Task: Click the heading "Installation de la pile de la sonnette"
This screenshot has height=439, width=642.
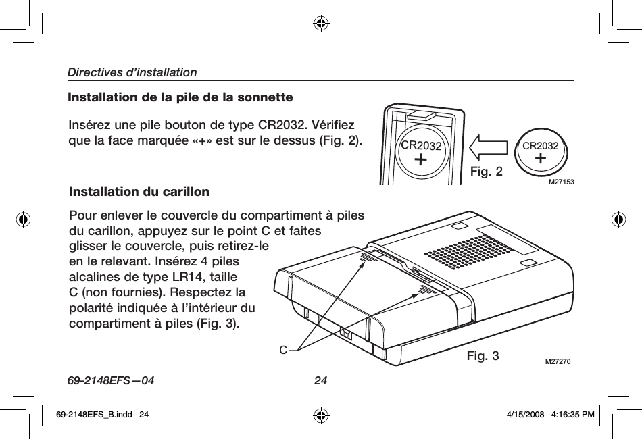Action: point(180,97)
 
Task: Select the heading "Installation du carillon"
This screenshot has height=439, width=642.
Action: point(139,192)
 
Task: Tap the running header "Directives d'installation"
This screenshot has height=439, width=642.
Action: point(132,72)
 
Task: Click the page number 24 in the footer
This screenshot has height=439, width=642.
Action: point(321,380)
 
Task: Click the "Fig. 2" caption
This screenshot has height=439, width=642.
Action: point(486,172)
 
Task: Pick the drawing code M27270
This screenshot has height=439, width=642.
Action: point(558,361)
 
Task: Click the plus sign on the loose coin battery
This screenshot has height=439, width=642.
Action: point(541,158)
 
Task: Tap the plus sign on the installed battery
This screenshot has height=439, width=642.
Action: point(421,159)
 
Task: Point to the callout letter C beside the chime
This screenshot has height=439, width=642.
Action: point(284,350)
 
